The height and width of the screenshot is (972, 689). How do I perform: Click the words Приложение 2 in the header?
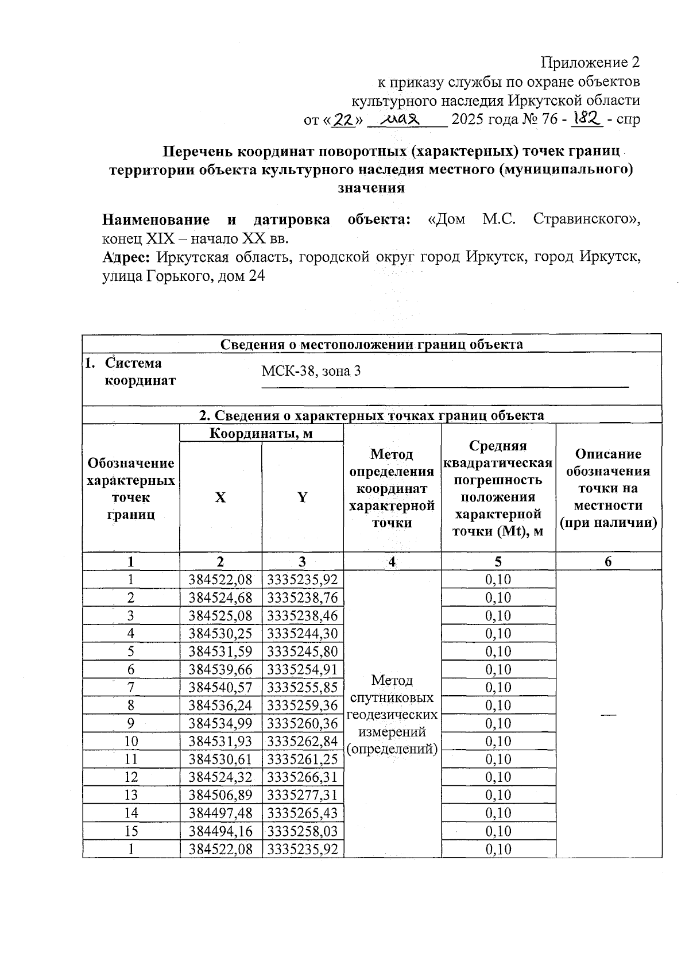click(590, 62)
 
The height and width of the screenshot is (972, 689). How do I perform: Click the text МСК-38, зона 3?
click(311, 371)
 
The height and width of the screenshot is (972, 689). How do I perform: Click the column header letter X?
click(220, 497)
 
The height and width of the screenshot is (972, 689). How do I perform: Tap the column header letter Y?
click(302, 497)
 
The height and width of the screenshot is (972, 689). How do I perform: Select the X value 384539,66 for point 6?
click(220, 669)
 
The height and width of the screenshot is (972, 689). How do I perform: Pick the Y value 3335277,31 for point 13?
click(303, 795)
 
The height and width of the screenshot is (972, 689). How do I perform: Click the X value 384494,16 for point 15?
click(220, 831)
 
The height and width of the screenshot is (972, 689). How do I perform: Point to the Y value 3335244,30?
click(303, 634)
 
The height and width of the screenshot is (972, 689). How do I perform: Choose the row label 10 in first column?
click(131, 741)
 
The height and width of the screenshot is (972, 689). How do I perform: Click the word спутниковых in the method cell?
click(392, 698)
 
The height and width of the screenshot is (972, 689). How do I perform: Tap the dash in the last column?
click(609, 714)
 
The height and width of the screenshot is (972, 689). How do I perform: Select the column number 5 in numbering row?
click(498, 562)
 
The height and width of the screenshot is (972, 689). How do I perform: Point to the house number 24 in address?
click(256, 276)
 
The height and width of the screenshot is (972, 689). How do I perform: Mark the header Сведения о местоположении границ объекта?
click(371, 344)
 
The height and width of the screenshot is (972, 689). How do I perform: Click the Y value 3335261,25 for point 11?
click(303, 759)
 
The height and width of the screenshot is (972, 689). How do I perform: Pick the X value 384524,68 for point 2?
click(220, 597)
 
